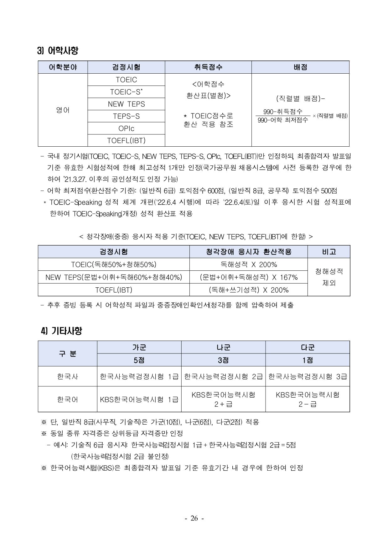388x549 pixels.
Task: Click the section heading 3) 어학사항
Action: [x=58, y=50]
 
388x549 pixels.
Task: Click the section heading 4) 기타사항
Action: [x=61, y=331]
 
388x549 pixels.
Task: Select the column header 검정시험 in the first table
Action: [x=126, y=67]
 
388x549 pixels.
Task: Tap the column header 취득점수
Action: [x=208, y=67]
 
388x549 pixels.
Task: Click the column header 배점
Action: [x=300, y=67]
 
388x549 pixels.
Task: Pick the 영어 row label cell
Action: [x=63, y=110]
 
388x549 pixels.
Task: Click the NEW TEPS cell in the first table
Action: [x=126, y=104]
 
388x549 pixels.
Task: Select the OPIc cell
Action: [x=126, y=128]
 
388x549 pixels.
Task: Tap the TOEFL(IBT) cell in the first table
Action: [x=126, y=141]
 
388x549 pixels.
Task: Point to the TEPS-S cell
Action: [x=126, y=116]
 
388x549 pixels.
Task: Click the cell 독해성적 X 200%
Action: [x=249, y=264]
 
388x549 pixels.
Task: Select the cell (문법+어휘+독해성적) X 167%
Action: [x=249, y=277]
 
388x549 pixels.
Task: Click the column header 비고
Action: [x=329, y=252]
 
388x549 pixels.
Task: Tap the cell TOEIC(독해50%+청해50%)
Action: [x=114, y=264]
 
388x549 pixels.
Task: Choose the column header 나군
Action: [x=223, y=347]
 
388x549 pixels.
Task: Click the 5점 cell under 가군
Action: [x=139, y=360]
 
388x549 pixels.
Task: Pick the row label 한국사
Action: [x=67, y=376]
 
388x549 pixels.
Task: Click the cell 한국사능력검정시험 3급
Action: [x=308, y=376]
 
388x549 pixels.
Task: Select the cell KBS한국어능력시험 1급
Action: [x=139, y=399]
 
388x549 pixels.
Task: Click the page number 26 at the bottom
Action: [x=194, y=518]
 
